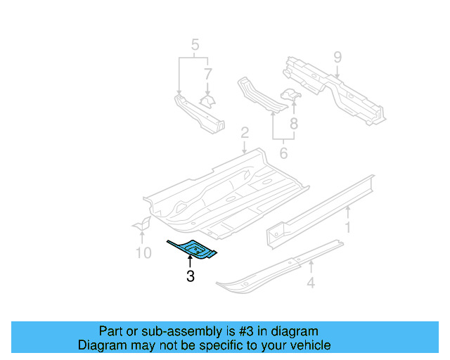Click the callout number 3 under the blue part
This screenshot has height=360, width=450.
[191, 276]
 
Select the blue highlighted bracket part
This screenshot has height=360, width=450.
[193, 248]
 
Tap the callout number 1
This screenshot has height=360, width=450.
[347, 227]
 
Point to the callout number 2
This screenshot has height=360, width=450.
[244, 133]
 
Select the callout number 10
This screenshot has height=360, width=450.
[143, 252]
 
